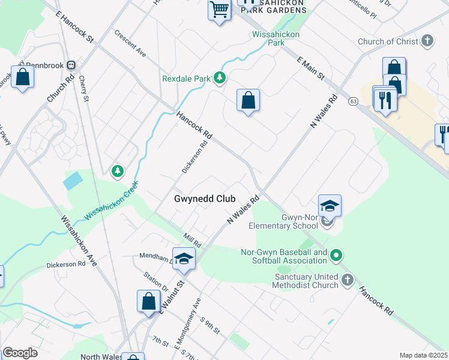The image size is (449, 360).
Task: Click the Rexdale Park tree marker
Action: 220,78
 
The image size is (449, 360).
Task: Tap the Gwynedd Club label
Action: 203,199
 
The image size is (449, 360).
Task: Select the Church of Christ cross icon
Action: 427,41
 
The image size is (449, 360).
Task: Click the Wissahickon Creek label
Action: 112,200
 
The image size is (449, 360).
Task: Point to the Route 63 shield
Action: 352,101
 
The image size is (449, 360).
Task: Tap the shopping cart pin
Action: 220,9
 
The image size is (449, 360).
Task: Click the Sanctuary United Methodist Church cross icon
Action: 348,280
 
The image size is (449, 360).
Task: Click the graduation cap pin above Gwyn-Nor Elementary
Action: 330,206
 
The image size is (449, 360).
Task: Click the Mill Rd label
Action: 192,241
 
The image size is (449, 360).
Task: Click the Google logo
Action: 20,353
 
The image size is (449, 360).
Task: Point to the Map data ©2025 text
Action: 423,355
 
